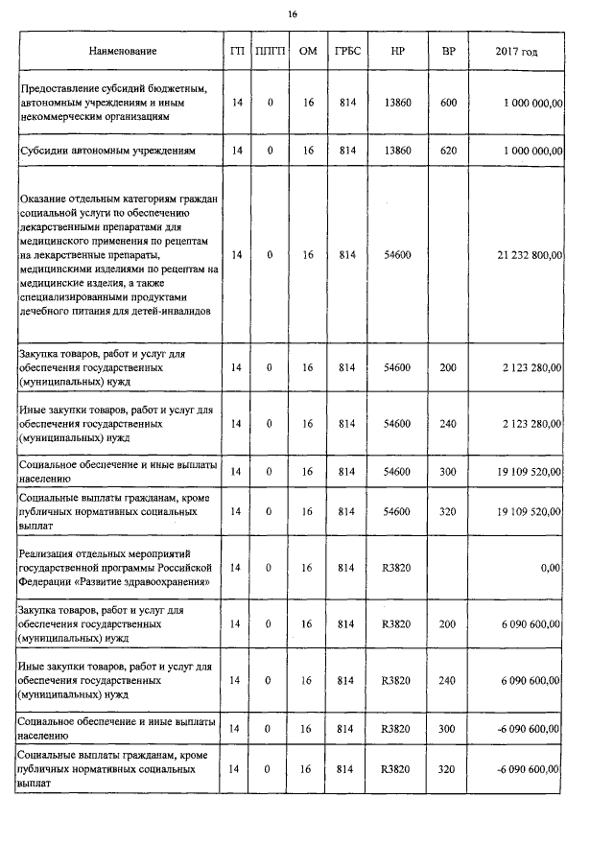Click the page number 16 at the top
(x=294, y=13)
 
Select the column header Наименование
(x=122, y=51)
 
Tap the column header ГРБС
(x=346, y=51)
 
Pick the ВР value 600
(x=448, y=103)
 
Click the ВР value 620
(x=448, y=151)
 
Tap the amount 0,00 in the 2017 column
(x=551, y=568)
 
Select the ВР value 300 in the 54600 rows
(x=448, y=471)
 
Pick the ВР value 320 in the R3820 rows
(x=448, y=769)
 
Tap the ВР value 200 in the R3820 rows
(x=448, y=624)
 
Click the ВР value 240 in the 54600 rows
(x=448, y=423)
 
